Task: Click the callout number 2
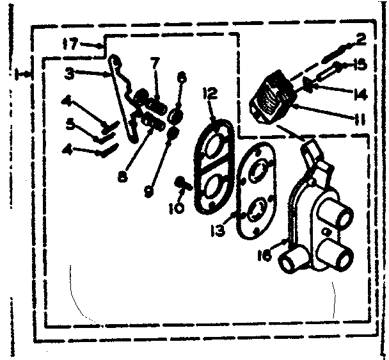[361, 40]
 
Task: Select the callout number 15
[360, 64]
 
